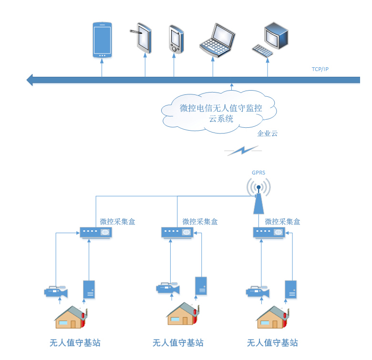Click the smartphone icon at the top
tap(102, 40)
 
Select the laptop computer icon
tap(217, 41)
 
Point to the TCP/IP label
tap(320, 70)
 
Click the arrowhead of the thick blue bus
tap(30, 80)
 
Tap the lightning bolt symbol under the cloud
tap(244, 151)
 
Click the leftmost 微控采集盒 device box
tap(95, 232)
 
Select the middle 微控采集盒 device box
tap(177, 232)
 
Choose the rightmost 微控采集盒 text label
tap(283, 222)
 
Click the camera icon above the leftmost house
tap(56, 291)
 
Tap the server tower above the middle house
tap(201, 286)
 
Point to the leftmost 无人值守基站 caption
tap(75, 343)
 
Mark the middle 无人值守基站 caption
tap(178, 343)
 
